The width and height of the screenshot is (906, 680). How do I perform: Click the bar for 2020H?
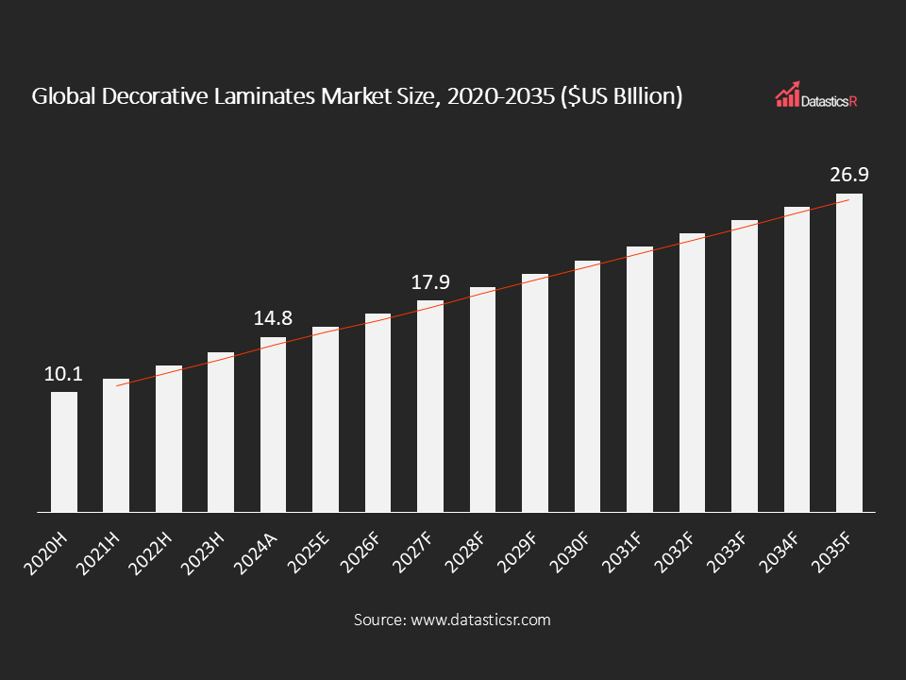point(64,451)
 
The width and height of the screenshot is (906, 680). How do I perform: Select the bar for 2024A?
point(273,425)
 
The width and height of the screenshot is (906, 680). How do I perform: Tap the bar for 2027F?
point(430,406)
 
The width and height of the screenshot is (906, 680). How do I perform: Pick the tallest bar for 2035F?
point(848,353)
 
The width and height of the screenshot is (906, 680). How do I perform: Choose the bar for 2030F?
point(587,386)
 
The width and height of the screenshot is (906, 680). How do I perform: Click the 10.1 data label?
point(63,374)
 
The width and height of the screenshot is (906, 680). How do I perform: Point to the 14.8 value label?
point(273,319)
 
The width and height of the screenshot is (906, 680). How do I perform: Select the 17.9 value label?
point(429,282)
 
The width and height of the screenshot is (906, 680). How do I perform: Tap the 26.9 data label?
point(848,176)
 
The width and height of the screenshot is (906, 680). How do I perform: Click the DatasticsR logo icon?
point(788,94)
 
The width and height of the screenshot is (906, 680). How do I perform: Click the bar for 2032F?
point(692,373)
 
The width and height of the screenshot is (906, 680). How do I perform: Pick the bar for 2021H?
point(116,446)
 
